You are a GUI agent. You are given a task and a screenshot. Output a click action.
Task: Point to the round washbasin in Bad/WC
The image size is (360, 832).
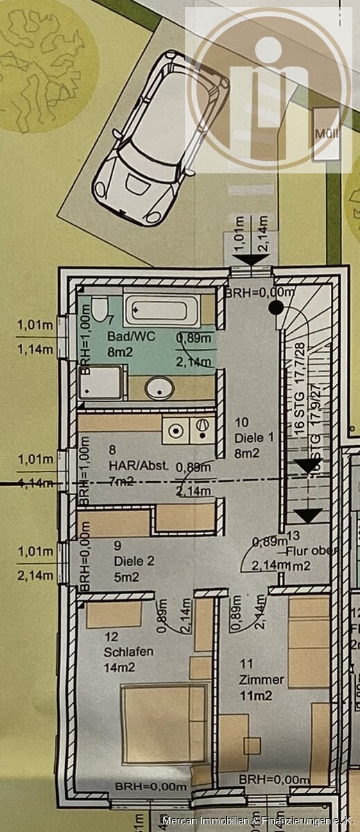click(x=159, y=388)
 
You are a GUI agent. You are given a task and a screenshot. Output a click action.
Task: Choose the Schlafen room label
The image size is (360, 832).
click(x=129, y=652)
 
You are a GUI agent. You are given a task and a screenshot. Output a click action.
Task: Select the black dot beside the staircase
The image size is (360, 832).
click(x=276, y=306)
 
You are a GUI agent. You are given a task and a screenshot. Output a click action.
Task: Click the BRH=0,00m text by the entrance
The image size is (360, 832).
click(x=252, y=293)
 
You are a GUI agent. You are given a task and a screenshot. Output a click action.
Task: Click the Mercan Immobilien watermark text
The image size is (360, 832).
click(x=257, y=821)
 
